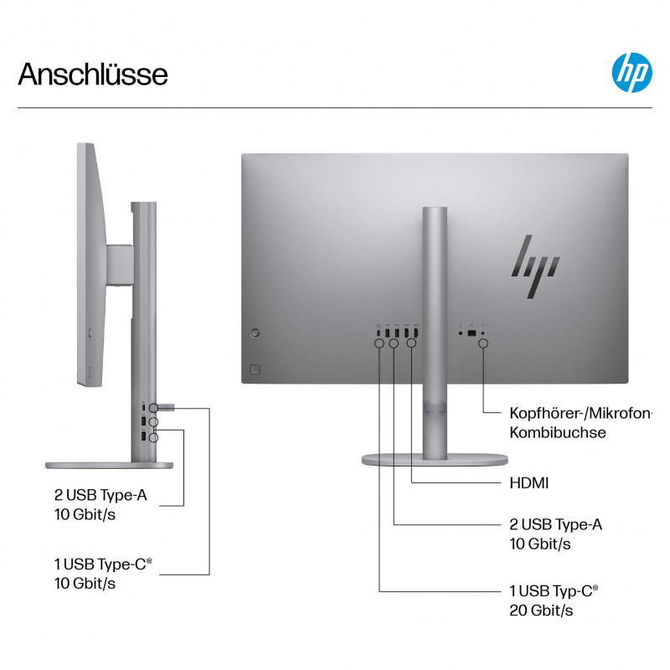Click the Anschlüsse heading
tap(93, 75)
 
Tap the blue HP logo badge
tap(631, 73)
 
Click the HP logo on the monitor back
tap(535, 266)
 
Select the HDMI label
tap(529, 483)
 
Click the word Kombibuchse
tap(558, 432)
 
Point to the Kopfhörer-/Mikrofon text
tap(580, 413)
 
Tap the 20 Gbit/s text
tap(541, 611)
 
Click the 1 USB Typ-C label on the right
tap(554, 591)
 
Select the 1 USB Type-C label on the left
tap(102, 564)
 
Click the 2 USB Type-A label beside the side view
tap(100, 495)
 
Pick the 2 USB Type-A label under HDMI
tap(555, 524)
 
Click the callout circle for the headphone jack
tap(483, 343)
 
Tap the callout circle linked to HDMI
tap(411, 343)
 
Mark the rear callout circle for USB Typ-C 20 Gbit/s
tap(379, 343)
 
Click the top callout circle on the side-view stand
tap(153, 408)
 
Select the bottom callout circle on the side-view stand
tap(153, 437)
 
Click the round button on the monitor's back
tap(255, 332)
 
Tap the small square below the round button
tap(255, 369)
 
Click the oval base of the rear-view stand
tap(435, 460)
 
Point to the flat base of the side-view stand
tap(110, 466)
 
